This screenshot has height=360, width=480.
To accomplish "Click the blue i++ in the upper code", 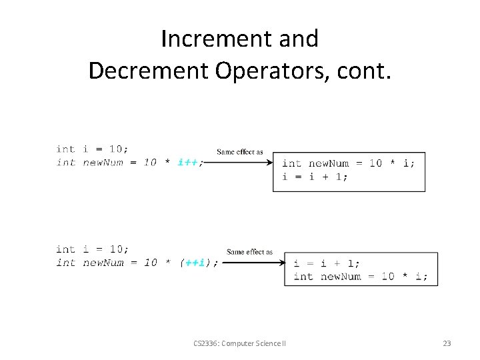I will click(187, 163).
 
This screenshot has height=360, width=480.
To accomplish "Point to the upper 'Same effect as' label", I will click(240, 152).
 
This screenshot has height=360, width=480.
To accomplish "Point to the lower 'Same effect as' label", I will click(249, 252).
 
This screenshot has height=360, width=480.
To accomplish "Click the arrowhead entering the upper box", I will click(269, 163).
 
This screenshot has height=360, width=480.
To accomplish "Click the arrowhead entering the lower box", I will click(281, 263).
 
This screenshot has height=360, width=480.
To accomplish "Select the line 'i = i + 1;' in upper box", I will click(315, 177).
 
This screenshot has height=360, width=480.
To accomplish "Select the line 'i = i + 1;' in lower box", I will click(327, 263).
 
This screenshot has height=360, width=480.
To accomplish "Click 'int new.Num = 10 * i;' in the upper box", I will click(348, 163).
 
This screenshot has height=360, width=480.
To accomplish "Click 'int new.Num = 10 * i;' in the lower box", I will click(361, 277).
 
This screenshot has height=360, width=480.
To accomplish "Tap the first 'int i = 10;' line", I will click(93, 149).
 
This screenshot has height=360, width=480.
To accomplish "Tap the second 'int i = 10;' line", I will click(93, 249).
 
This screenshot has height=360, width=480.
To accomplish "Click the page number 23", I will click(447, 343).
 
